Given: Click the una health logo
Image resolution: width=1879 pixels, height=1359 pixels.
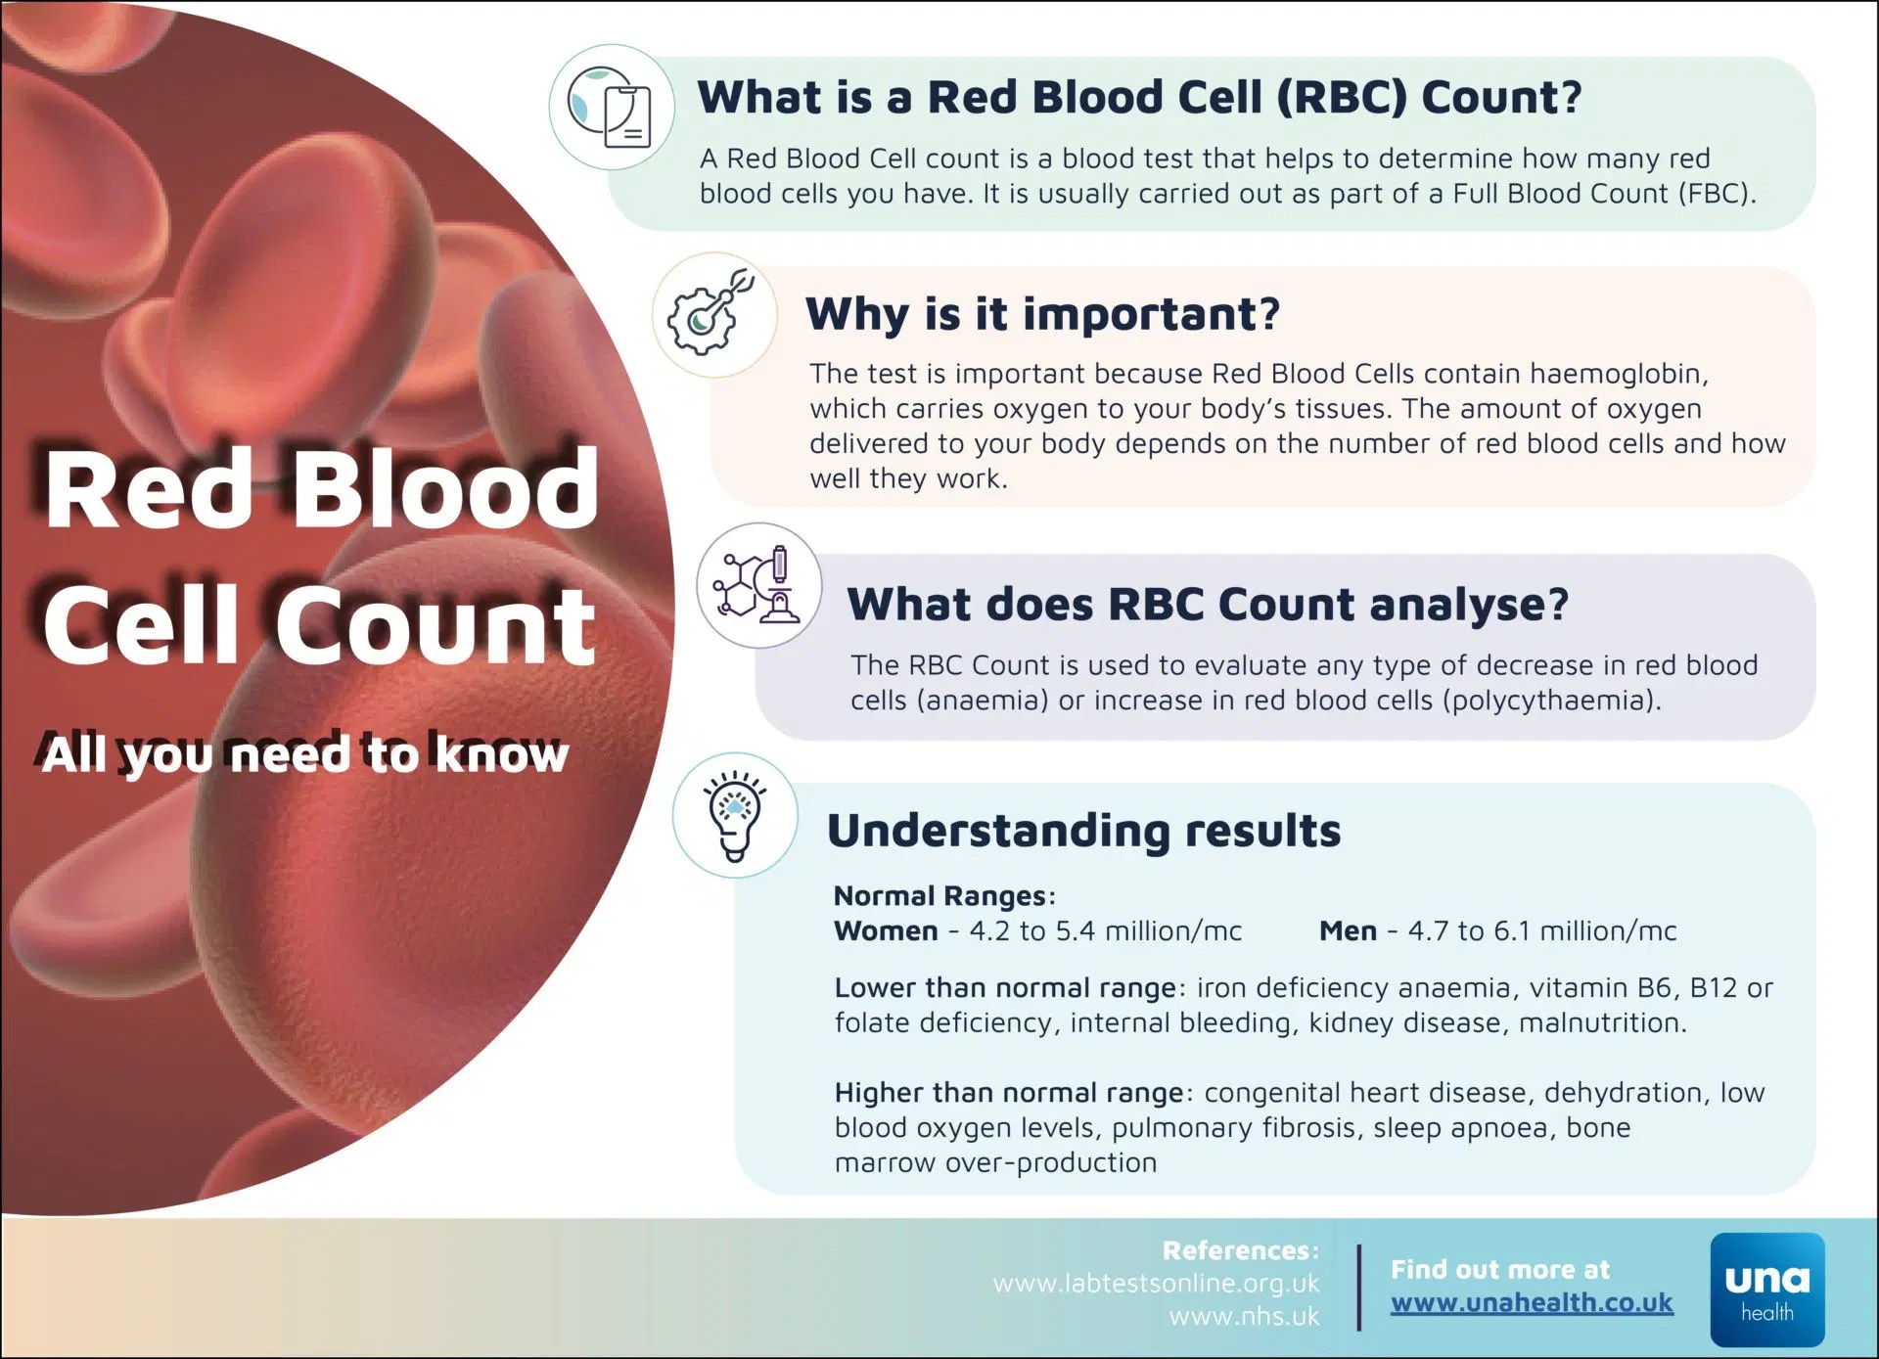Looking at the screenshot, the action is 1767,1290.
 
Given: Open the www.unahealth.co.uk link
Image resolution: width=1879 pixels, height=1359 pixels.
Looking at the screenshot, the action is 1532,1303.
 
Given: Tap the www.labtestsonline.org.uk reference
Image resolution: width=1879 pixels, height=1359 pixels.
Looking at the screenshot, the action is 1156,1284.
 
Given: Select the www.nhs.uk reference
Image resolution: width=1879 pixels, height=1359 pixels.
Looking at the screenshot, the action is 1244,1317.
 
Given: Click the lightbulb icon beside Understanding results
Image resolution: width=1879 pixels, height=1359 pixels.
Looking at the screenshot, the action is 735,815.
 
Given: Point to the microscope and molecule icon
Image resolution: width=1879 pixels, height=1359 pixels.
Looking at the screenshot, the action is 757,584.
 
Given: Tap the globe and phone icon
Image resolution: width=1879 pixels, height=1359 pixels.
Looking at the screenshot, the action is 611,107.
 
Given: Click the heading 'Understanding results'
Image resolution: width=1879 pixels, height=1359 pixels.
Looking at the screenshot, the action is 1083,831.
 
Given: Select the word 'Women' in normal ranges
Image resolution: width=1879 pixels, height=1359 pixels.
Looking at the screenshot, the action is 886,930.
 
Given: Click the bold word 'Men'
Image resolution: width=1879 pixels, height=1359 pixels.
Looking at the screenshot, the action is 1348,930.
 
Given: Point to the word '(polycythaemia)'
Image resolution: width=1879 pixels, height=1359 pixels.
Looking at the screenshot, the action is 1550,701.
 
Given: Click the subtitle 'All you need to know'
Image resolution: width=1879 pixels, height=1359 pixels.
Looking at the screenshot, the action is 304,754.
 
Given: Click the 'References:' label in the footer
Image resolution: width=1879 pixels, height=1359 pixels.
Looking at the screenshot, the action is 1241,1250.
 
